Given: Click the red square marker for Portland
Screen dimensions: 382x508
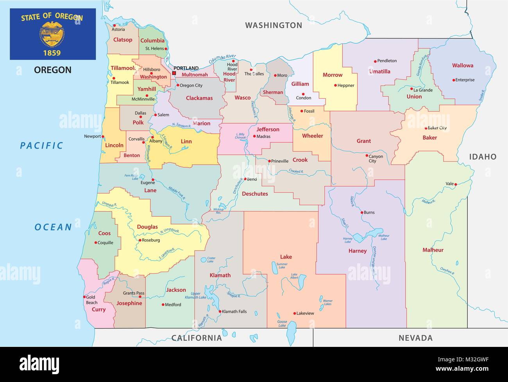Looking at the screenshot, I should [x=174, y=73].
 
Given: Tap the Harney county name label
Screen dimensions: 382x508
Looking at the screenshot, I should [x=358, y=251].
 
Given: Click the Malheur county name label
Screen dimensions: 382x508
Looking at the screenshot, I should [x=433, y=250].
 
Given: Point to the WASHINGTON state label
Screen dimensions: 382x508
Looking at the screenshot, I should [x=274, y=25].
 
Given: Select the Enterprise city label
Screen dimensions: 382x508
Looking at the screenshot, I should [x=465, y=80].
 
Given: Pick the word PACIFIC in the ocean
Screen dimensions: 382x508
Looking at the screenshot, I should [x=42, y=146].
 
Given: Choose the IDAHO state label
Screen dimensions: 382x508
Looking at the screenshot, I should [x=483, y=157].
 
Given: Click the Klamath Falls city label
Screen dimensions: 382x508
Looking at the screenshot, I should [x=234, y=312].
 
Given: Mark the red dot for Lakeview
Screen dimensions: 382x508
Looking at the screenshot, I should [x=294, y=313].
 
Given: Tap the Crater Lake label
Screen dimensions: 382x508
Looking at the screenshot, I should [x=211, y=259].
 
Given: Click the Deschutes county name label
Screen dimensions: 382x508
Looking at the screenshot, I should [x=255, y=194].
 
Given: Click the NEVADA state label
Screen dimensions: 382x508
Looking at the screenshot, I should [x=415, y=338].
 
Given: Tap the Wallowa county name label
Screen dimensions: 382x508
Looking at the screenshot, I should [x=463, y=66].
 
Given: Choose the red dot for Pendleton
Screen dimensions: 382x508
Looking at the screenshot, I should [x=375, y=61].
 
